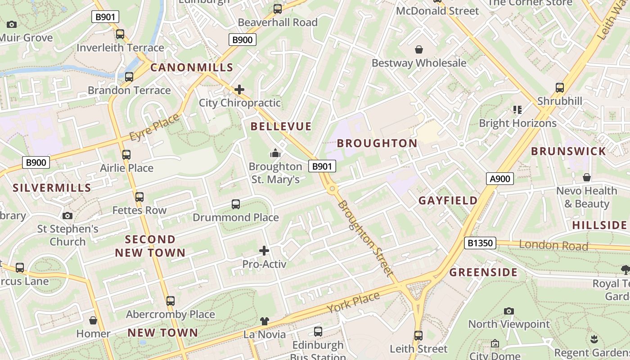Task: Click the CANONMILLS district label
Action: pyautogui.click(x=192, y=68)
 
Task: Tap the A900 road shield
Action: pyautogui.click(x=499, y=179)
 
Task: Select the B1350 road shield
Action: pyautogui.click(x=480, y=243)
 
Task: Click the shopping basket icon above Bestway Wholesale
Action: pyautogui.click(x=419, y=49)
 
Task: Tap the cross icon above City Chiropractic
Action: pyautogui.click(x=239, y=90)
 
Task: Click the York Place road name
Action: pyautogui.click(x=353, y=302)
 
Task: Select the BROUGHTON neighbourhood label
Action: pyautogui.click(x=377, y=144)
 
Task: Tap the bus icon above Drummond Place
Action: pyautogui.click(x=236, y=204)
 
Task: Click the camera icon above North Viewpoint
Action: pyautogui.click(x=509, y=311)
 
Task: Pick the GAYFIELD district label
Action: pyautogui.click(x=448, y=201)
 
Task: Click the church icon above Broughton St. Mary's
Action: pyautogui.click(x=275, y=153)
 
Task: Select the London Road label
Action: pyautogui.click(x=553, y=245)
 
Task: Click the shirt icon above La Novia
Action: pyautogui.click(x=265, y=321)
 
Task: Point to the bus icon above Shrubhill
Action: pyautogui.click(x=560, y=87)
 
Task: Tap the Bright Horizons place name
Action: pyautogui.click(x=517, y=123)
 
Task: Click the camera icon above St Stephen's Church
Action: pyautogui.click(x=67, y=216)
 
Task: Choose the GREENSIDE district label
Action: pyautogui.click(x=483, y=272)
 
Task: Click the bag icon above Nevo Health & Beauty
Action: pyautogui.click(x=587, y=177)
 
